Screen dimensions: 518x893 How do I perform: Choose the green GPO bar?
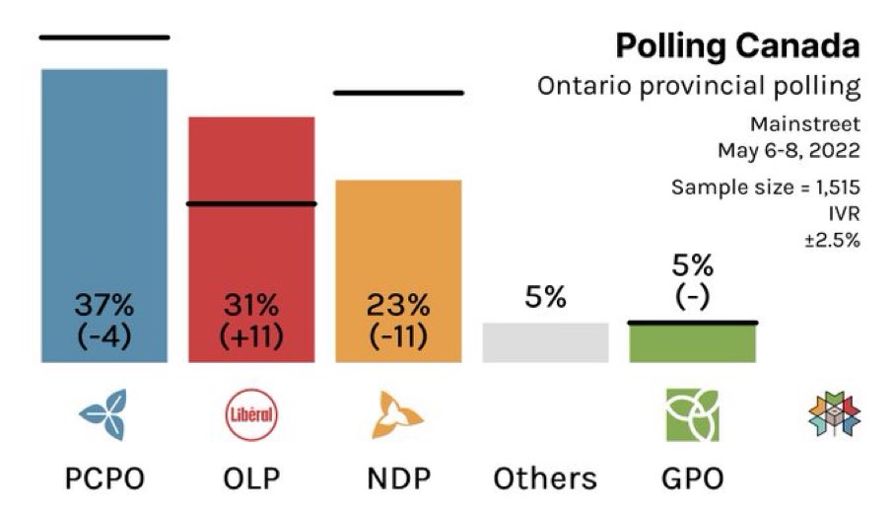tap(692, 342)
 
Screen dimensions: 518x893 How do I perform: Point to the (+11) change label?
tap(251, 336)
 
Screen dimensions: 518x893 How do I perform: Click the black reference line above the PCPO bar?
tap(104, 37)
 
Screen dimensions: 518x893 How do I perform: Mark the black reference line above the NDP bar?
tap(398, 93)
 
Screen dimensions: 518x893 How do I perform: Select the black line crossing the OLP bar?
tap(251, 204)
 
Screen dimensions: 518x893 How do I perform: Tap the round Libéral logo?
tap(251, 415)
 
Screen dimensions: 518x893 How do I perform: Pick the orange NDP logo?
tap(397, 415)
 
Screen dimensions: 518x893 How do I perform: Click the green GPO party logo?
tap(692, 415)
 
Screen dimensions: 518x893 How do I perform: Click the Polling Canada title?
tap(737, 45)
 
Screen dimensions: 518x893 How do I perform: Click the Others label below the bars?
tap(545, 480)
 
